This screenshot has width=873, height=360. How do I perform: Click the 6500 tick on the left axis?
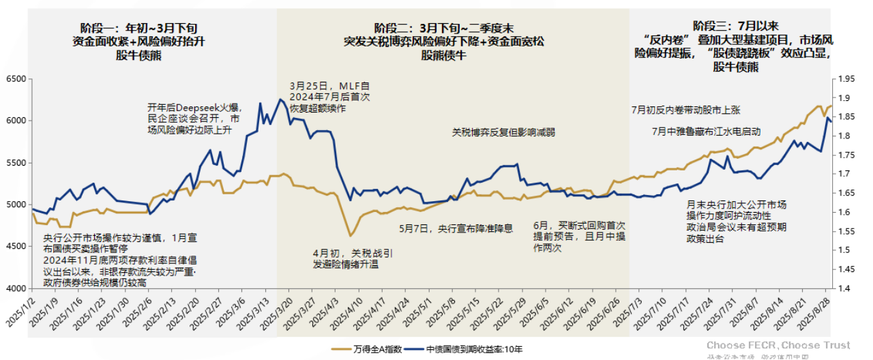[16, 79]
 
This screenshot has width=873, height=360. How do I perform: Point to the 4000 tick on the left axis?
[16, 289]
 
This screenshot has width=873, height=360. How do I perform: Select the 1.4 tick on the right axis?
[842, 289]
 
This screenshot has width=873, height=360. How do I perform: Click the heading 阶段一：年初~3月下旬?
[139, 28]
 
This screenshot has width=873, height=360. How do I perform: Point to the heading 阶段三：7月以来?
[733, 25]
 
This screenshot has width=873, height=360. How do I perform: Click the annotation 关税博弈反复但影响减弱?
[503, 132]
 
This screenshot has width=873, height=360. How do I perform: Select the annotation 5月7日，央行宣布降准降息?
[455, 228]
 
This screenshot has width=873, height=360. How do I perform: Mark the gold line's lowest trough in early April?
[350, 236]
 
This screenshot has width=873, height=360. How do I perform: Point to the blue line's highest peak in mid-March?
[280, 100]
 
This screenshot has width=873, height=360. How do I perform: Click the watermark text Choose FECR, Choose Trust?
[778, 345]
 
